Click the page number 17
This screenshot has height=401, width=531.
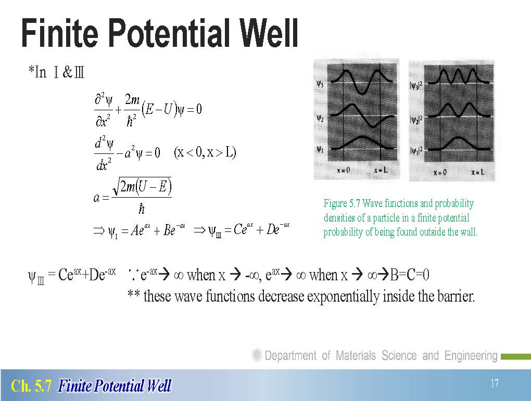[x=495, y=383]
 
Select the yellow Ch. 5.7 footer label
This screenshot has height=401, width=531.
[x=31, y=386]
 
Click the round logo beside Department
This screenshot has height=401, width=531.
[x=257, y=355]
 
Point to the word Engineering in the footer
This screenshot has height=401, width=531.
[x=471, y=356]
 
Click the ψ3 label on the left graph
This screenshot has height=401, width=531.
[x=320, y=84]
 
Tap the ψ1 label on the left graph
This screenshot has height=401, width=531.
[x=320, y=149]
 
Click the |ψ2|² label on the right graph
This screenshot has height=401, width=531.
[x=416, y=119]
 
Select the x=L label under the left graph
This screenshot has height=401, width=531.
[x=381, y=170]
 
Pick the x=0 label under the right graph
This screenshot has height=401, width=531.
[x=440, y=173]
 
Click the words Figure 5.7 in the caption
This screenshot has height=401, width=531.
[x=342, y=203]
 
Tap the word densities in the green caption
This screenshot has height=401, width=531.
[x=339, y=217]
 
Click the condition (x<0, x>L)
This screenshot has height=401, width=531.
[x=205, y=152]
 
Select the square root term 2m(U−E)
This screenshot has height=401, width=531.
[x=142, y=186]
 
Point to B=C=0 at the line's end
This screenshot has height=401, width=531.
[x=409, y=275]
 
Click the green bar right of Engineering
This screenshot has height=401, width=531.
[x=516, y=356]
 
